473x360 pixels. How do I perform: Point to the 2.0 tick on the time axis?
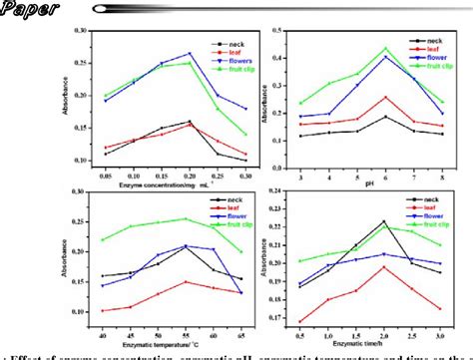(x=383, y=327)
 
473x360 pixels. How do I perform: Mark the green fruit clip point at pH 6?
(x=386, y=48)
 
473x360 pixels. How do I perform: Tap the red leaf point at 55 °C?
(x=185, y=281)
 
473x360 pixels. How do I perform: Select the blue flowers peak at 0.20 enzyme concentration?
(x=190, y=53)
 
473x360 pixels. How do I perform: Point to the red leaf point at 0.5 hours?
(x=301, y=321)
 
